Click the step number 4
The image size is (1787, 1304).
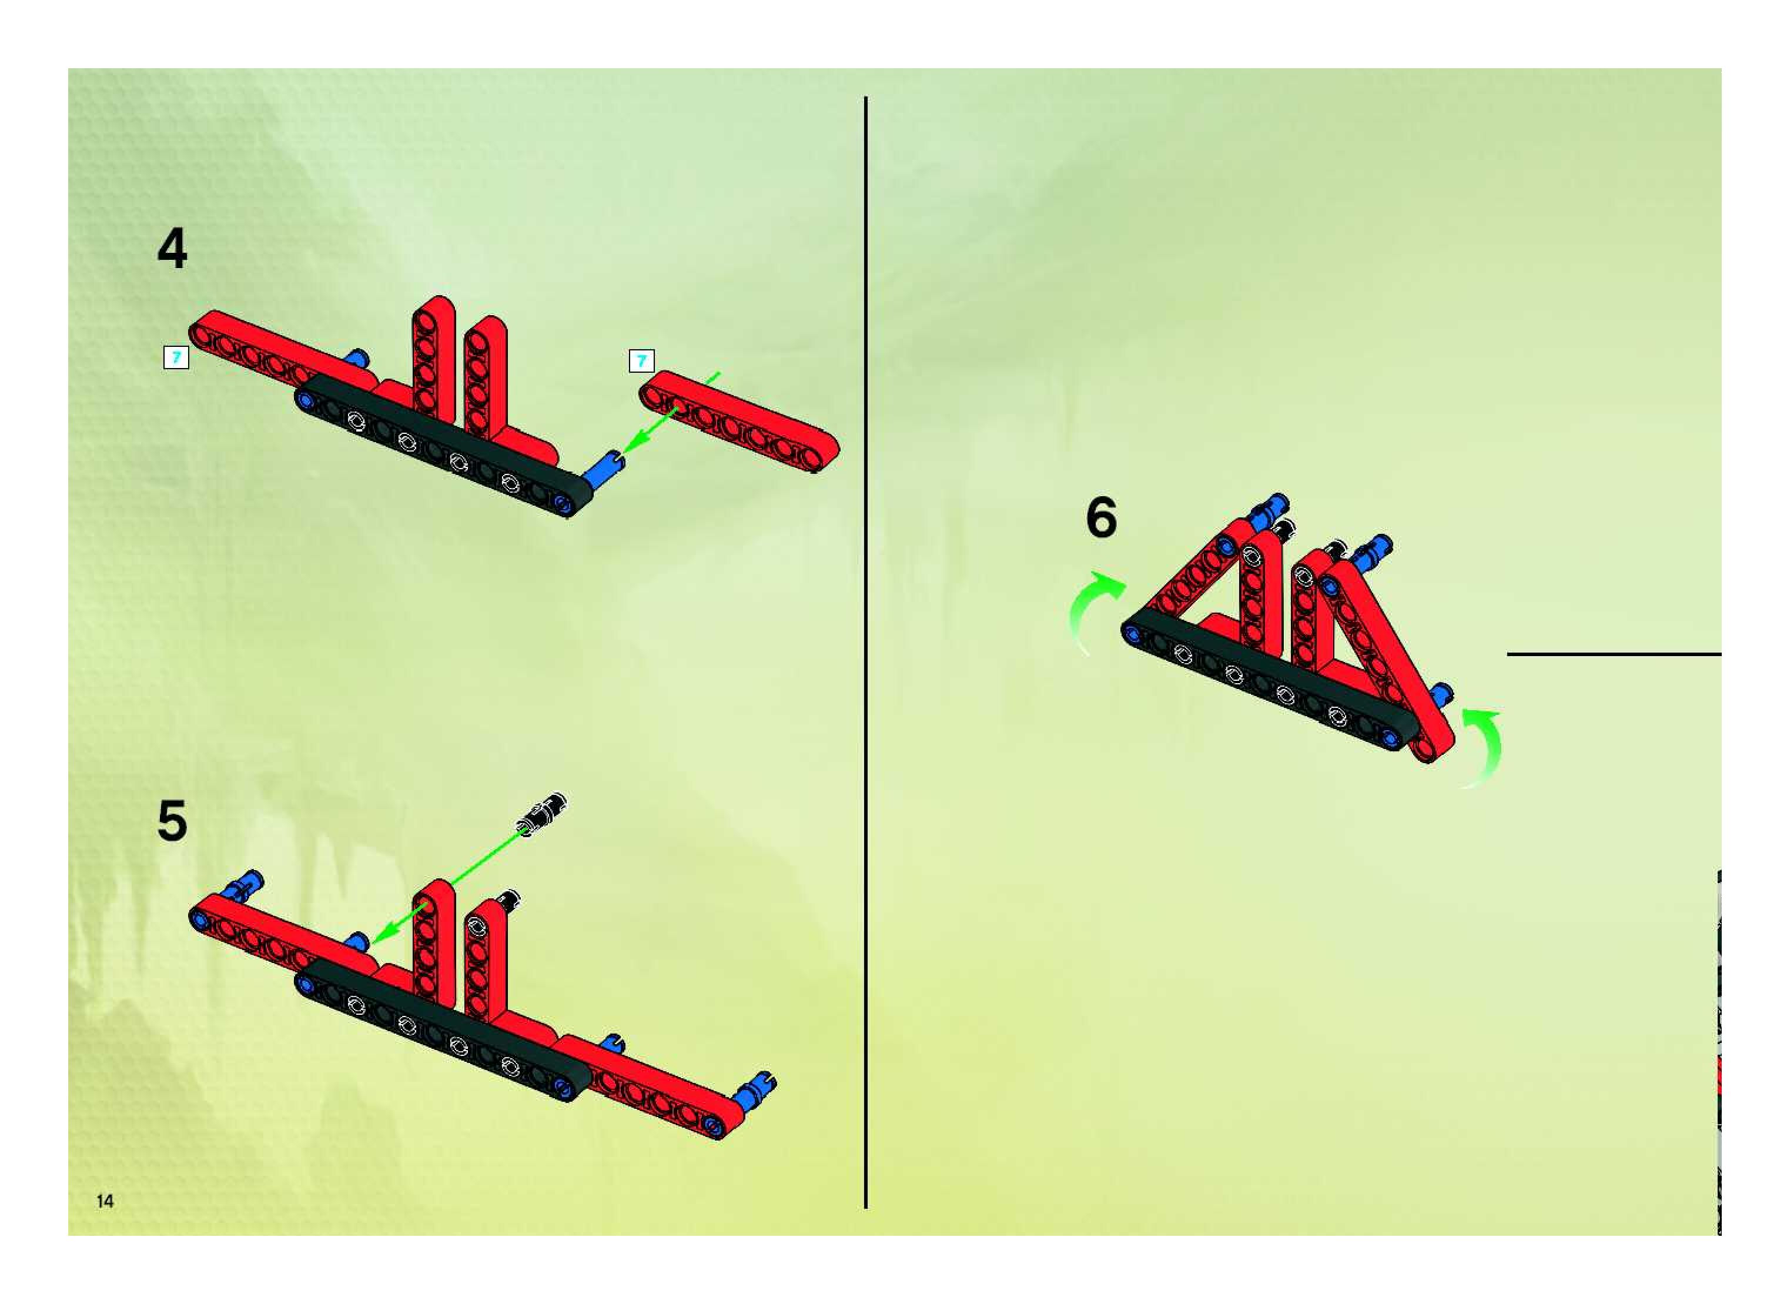tap(172, 249)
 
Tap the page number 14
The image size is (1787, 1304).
tap(105, 1201)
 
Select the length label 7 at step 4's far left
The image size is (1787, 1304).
tap(176, 357)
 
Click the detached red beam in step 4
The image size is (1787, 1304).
tap(739, 422)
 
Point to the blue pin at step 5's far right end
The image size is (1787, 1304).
tap(755, 1090)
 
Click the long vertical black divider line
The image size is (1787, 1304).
tap(866, 652)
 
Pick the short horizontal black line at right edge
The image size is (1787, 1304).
tap(1614, 654)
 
